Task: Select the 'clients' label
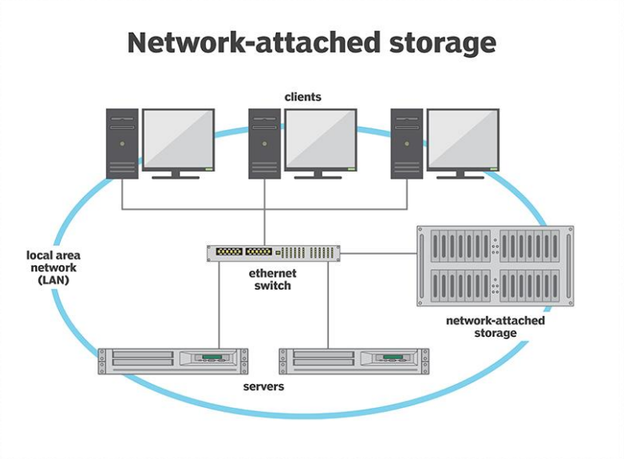tap(302, 97)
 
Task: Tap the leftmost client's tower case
tap(122, 144)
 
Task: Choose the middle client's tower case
tap(265, 144)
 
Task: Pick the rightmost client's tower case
tap(407, 144)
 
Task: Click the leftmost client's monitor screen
tap(178, 139)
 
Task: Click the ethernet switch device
tap(273, 253)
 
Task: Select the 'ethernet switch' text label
tap(273, 279)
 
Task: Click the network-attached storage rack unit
tap(495, 266)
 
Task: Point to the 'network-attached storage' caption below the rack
tap(495, 326)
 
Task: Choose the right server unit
tap(353, 361)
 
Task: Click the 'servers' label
tap(263, 386)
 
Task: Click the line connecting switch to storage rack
tap(378, 254)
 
